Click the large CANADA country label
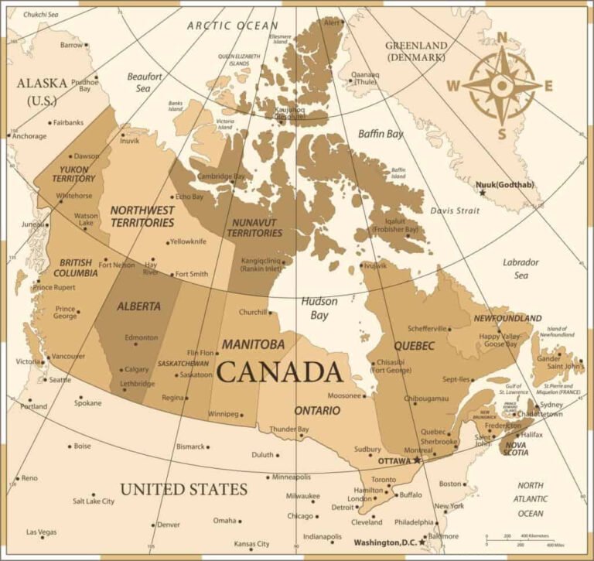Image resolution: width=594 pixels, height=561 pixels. [280, 372]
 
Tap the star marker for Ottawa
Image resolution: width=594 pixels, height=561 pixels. [417, 460]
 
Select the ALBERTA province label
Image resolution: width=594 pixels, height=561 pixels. [139, 306]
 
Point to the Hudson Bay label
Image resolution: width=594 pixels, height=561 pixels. [319, 308]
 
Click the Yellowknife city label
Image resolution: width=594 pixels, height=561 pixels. [188, 241]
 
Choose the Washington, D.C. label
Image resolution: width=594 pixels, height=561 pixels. [384, 542]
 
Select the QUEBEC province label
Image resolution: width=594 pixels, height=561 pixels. [414, 346]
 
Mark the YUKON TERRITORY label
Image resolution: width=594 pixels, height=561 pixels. [73, 173]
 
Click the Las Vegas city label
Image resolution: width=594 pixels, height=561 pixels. [41, 532]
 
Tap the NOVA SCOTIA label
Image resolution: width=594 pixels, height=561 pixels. [516, 448]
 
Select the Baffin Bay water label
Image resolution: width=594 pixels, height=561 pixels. [381, 134]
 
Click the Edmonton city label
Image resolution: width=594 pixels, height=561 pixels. [141, 337]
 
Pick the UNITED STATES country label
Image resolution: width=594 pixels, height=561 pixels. [183, 489]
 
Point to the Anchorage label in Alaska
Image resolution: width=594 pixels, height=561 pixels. [29, 136]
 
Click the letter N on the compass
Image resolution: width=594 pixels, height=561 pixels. [502, 36]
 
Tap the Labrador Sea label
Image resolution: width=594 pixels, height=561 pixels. [521, 269]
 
